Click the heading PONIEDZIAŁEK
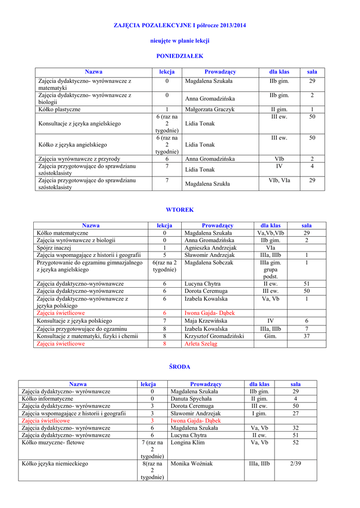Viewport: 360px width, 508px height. pos(180,57)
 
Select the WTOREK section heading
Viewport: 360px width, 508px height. pos(180,210)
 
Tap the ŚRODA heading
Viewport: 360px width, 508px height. pos(180,367)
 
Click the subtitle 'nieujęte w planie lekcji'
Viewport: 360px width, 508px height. pos(180,40)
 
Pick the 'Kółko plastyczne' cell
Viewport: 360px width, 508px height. pos(59,109)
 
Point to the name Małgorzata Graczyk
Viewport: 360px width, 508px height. pos(210,109)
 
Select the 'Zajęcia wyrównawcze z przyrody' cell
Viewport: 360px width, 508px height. pos(79,159)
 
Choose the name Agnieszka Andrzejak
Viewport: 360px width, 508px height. pos(211,248)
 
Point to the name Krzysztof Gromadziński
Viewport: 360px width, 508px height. pos(214,336)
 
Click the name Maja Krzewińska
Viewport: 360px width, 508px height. pos(205,321)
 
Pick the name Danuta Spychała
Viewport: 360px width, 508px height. pos(191,398)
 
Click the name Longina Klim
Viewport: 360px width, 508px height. pos(187,442)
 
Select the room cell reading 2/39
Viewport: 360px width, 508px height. pos(295,463)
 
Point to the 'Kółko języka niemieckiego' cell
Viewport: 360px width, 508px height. pos(55,463)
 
